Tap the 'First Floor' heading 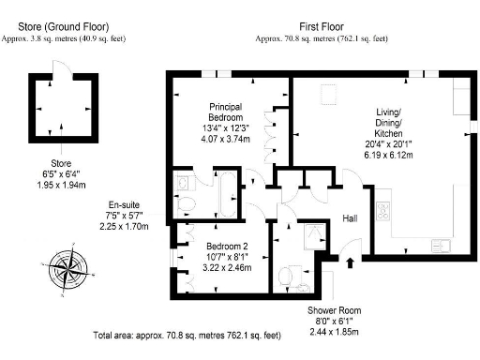pos(322,27)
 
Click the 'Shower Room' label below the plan pos(333,310)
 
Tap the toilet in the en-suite pos(186,204)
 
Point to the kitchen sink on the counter pos(439,246)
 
